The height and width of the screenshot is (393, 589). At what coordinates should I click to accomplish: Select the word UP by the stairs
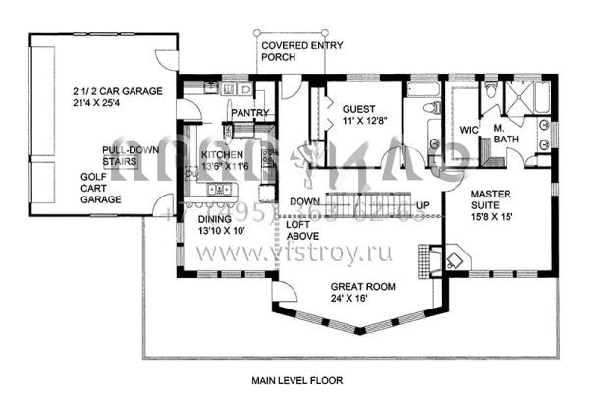coord(423,205)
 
